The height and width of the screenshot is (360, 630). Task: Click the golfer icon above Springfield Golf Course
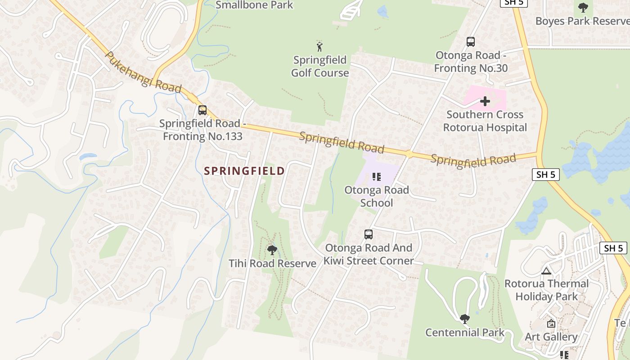click(x=319, y=46)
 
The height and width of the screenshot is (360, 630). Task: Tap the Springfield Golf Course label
click(x=320, y=66)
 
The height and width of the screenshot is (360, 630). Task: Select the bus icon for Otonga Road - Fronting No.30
click(x=471, y=42)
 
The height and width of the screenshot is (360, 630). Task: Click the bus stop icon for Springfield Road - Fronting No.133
click(x=202, y=110)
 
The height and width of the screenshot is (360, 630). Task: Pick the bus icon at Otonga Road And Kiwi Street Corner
click(x=369, y=234)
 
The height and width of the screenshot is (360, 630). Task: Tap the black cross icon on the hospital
click(x=485, y=101)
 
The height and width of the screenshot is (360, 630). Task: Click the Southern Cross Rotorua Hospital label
click(x=485, y=121)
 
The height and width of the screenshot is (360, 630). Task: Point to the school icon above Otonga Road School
click(x=377, y=177)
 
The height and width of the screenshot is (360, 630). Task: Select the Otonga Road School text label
click(x=377, y=196)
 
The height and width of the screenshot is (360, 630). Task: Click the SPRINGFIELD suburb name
click(x=244, y=171)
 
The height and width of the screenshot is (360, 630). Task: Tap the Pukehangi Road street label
click(x=143, y=72)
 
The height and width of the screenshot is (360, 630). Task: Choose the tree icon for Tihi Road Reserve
click(x=272, y=250)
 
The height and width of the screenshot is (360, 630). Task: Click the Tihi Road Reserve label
click(x=272, y=264)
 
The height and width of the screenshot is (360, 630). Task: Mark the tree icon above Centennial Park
click(x=464, y=319)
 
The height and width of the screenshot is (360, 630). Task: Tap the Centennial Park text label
click(x=465, y=333)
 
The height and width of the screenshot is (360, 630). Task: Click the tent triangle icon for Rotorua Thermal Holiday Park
click(x=546, y=271)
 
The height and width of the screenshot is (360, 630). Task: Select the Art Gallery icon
click(x=551, y=324)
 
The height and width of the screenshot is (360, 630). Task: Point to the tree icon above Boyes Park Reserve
click(x=583, y=8)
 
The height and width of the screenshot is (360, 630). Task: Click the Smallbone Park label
click(x=254, y=5)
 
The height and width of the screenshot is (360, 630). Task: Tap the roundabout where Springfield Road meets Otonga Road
click(x=409, y=154)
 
